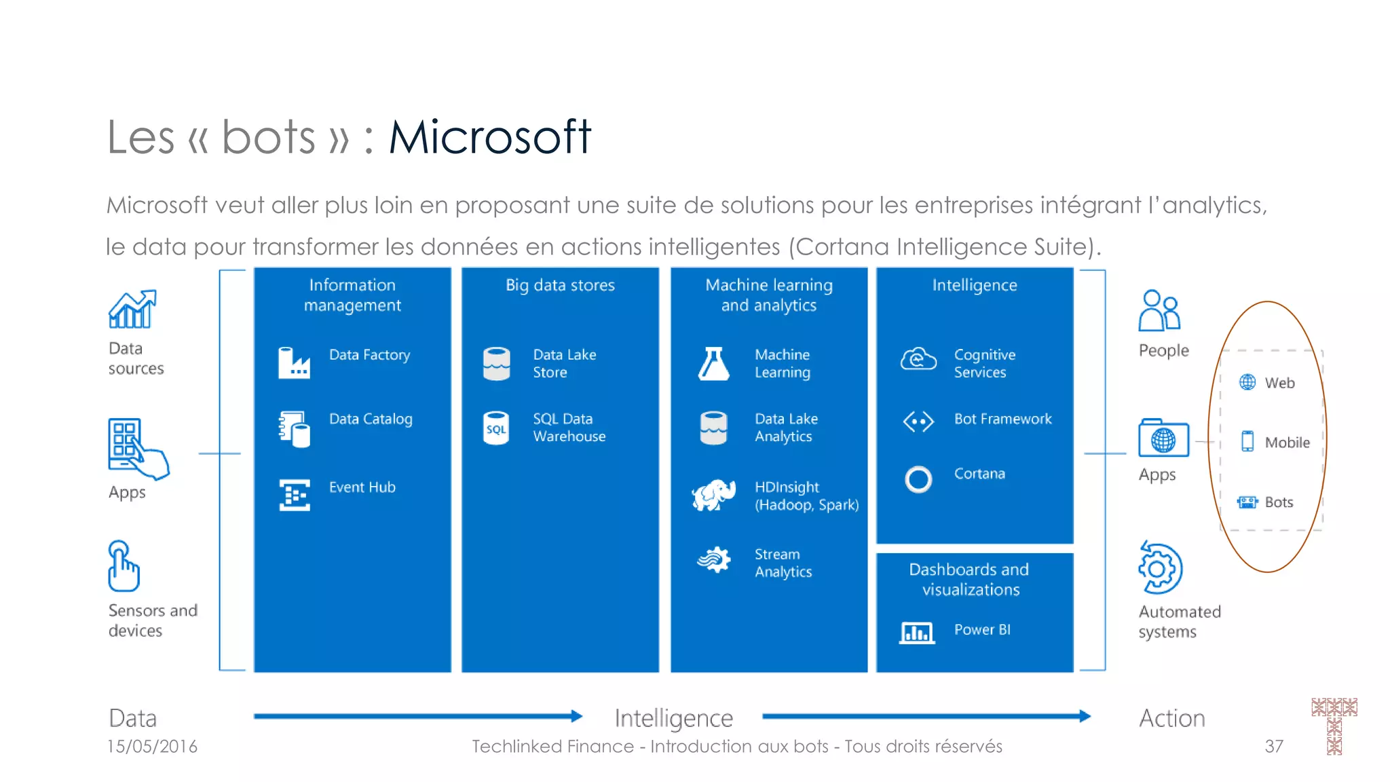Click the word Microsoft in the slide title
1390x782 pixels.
click(x=489, y=137)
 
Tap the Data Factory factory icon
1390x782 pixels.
click(x=294, y=362)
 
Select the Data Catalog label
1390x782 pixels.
click(x=371, y=420)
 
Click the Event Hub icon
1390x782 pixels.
click(x=295, y=495)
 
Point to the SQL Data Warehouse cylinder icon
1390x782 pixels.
click(x=496, y=428)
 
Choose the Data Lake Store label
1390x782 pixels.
click(x=564, y=363)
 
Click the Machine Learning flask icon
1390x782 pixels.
click(x=713, y=363)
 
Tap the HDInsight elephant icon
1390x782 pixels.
click(x=713, y=495)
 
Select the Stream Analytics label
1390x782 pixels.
click(x=783, y=563)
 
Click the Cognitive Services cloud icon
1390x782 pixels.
click(x=918, y=359)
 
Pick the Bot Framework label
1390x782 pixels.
click(x=1002, y=419)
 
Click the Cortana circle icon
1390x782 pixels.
click(x=918, y=479)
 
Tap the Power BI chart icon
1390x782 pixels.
click(x=917, y=633)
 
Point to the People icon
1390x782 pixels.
click(x=1160, y=311)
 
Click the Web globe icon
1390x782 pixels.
click(x=1247, y=382)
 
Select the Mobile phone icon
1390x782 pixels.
click(x=1247, y=441)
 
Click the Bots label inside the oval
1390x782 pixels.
click(x=1279, y=502)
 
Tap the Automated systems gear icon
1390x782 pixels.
click(x=1160, y=568)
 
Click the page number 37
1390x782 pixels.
click(x=1274, y=747)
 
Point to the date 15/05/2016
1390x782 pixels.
click(x=152, y=747)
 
